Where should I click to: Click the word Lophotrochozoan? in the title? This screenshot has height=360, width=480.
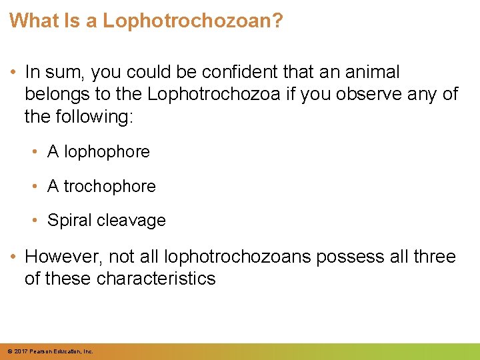click(x=193, y=21)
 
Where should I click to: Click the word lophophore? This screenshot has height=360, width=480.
click(x=107, y=152)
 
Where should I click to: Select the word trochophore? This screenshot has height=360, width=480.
click(x=109, y=187)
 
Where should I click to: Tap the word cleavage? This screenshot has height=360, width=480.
click(x=133, y=221)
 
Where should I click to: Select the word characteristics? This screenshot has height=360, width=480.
click(x=156, y=279)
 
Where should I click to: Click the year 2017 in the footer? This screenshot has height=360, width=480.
click(x=19, y=351)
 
